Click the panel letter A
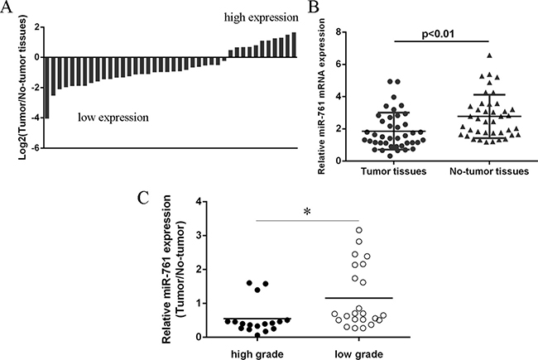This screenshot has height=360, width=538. (x=7, y=8)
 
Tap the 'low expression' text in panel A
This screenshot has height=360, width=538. (x=113, y=118)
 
